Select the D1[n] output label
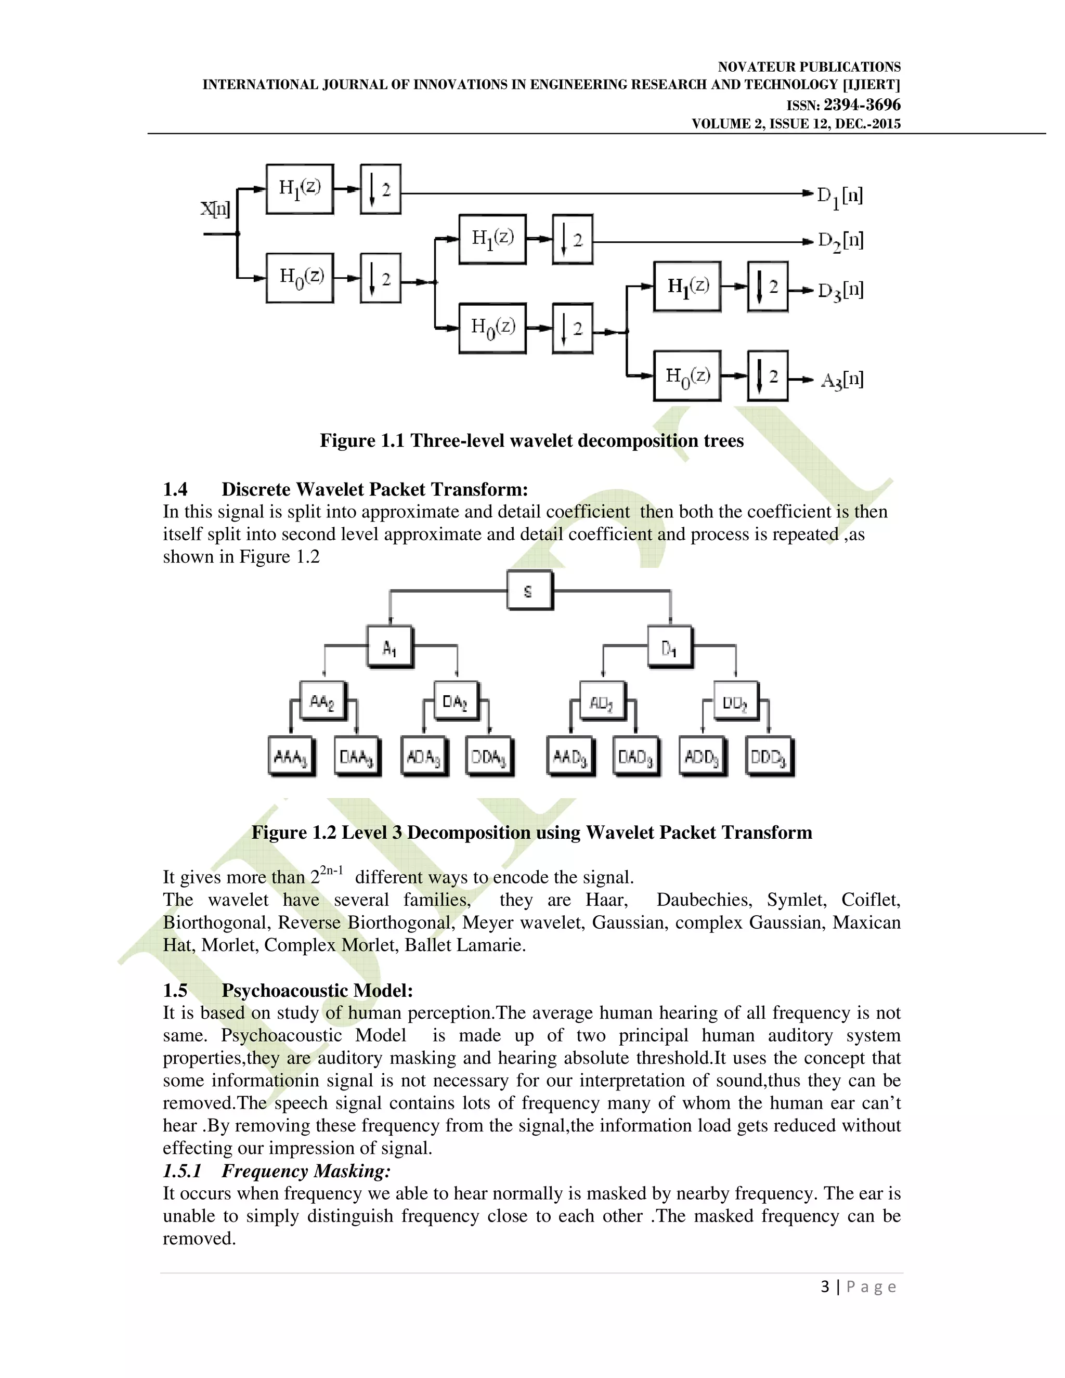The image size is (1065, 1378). tap(840, 196)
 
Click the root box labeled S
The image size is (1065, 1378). tap(529, 591)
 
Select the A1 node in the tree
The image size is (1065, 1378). tap(390, 647)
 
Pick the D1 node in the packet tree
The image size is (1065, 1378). tap(669, 647)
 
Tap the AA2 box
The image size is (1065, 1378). tap(322, 701)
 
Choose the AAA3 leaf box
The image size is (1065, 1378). tap(291, 756)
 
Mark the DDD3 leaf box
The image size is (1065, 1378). tap(769, 756)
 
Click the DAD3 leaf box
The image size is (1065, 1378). tap(636, 756)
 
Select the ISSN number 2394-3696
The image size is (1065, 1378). tap(862, 105)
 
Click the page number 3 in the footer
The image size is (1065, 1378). tap(825, 1286)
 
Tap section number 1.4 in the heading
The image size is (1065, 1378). tap(175, 490)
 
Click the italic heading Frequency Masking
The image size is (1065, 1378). tap(306, 1171)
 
